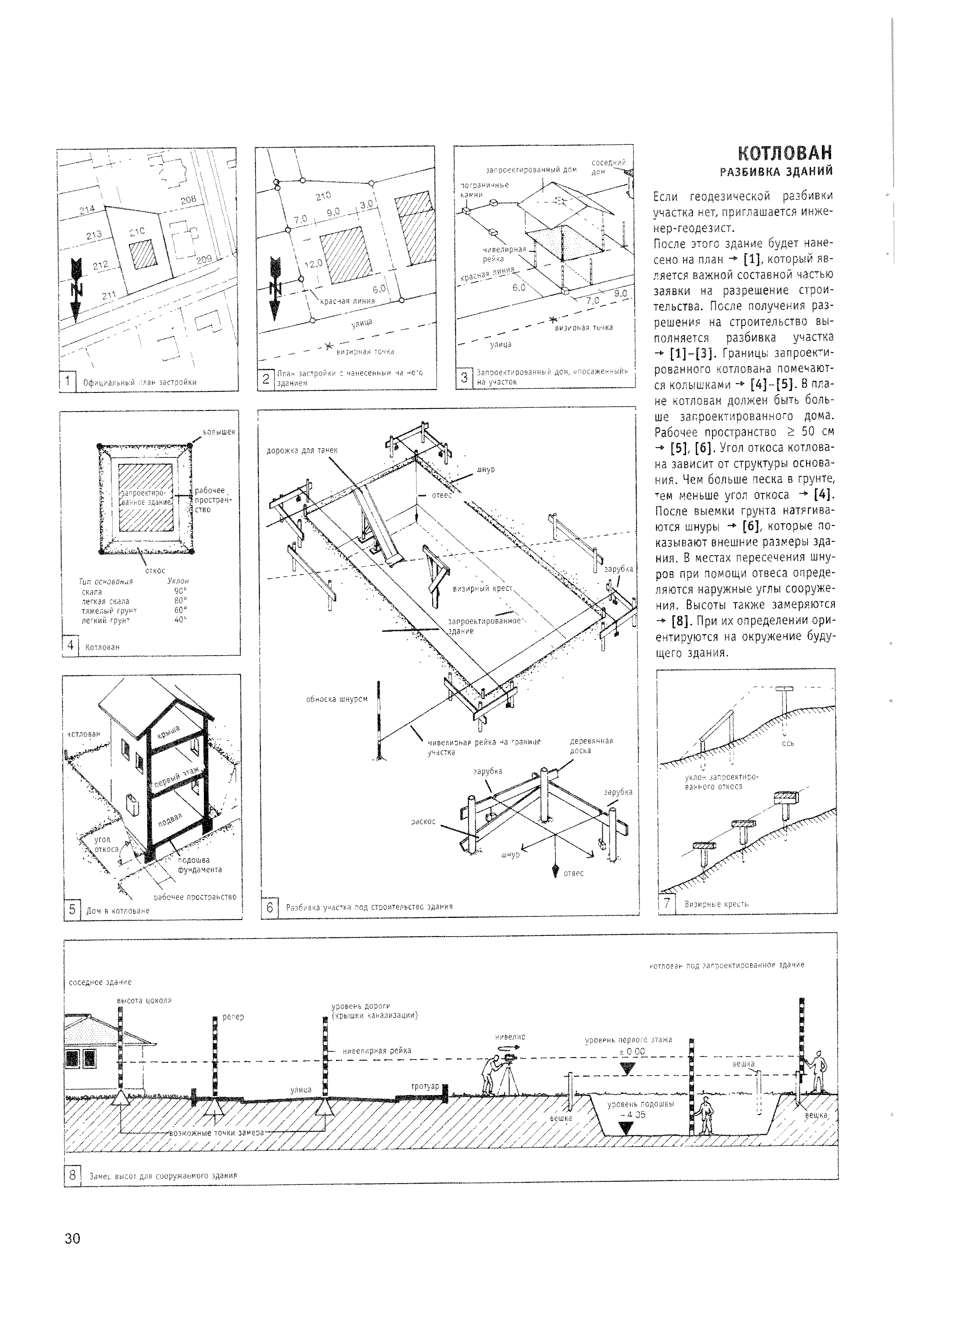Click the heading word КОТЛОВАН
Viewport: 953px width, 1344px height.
[x=785, y=154]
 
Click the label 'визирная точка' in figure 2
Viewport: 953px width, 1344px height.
[x=364, y=352]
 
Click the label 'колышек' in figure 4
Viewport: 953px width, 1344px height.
[x=218, y=432]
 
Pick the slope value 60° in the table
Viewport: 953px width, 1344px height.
[x=180, y=609]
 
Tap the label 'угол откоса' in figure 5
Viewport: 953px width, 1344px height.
[x=106, y=844]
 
